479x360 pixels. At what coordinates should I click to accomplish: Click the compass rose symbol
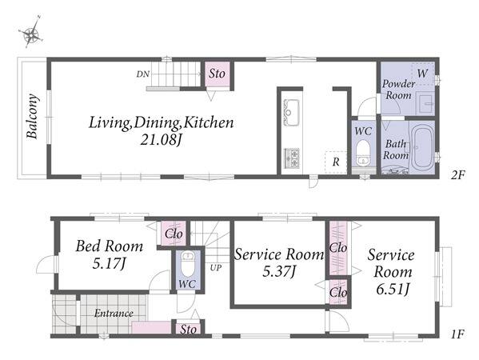click(31, 32)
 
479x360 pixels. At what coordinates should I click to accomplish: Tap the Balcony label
click(32, 117)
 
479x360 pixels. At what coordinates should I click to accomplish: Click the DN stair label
click(142, 74)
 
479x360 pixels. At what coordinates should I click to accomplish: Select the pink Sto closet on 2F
click(218, 74)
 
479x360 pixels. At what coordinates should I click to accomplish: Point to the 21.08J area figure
click(162, 140)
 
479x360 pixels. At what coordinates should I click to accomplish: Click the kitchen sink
click(291, 112)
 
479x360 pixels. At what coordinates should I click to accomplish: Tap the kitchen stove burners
click(292, 158)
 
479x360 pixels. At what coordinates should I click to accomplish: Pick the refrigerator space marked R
click(336, 162)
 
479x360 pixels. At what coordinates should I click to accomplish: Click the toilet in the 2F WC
click(363, 153)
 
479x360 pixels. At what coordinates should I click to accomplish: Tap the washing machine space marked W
click(422, 74)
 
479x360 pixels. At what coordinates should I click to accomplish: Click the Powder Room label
click(398, 90)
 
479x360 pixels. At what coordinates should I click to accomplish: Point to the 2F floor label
click(457, 175)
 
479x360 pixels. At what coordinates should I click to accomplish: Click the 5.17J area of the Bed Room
click(109, 264)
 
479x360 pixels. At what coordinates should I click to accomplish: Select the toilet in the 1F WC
click(188, 263)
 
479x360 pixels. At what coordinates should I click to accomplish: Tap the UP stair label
click(216, 268)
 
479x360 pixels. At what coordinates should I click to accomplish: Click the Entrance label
click(114, 314)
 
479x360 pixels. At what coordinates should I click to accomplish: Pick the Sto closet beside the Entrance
click(188, 329)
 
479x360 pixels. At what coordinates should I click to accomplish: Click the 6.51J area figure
click(393, 290)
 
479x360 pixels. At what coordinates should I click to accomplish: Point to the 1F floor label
click(457, 334)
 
